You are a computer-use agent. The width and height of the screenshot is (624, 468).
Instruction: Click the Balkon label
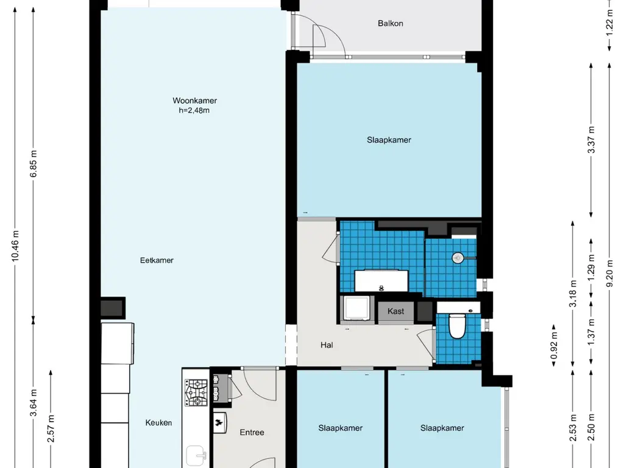(x=391, y=24)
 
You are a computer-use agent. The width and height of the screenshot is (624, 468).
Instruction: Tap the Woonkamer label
(x=194, y=101)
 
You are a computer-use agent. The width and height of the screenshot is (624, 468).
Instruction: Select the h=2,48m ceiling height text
(x=194, y=111)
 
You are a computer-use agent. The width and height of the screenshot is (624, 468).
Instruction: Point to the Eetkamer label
(x=157, y=260)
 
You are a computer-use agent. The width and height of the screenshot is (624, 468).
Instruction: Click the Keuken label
(x=159, y=423)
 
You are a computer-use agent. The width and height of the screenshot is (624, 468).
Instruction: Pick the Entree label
(x=252, y=432)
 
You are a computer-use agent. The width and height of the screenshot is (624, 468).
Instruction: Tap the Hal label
(x=327, y=345)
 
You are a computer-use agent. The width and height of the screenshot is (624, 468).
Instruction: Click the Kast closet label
(x=395, y=311)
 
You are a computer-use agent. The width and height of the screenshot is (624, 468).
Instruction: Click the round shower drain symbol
(x=458, y=258)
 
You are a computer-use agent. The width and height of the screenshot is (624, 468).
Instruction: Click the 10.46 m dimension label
(x=15, y=246)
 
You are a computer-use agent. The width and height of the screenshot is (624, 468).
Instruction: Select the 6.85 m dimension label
(x=34, y=163)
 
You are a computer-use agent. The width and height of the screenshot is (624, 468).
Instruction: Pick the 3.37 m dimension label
(x=591, y=140)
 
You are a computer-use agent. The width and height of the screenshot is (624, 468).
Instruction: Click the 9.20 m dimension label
(x=609, y=273)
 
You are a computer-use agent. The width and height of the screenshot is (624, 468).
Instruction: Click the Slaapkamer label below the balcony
(x=389, y=140)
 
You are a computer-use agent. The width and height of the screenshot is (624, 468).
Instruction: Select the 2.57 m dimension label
(x=51, y=428)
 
